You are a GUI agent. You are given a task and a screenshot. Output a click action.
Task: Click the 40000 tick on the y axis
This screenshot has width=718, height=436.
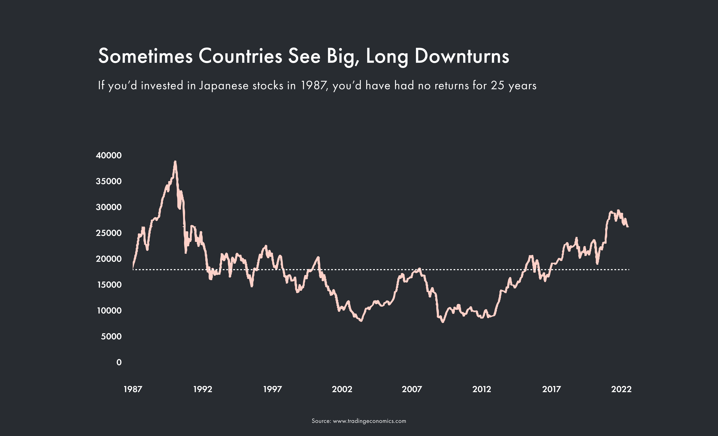pyautogui.click(x=109, y=155)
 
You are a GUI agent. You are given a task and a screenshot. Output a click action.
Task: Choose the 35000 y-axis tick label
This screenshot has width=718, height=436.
pyautogui.click(x=109, y=181)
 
